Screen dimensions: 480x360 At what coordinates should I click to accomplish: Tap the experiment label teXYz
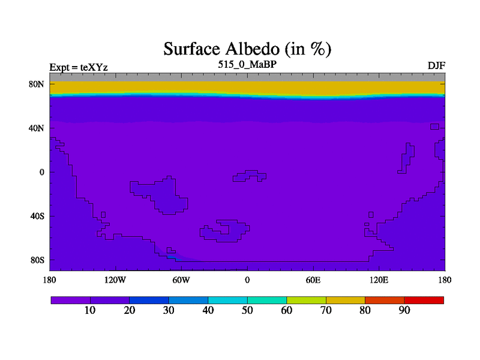click(94, 67)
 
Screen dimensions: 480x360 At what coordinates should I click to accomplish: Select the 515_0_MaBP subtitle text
click(247, 64)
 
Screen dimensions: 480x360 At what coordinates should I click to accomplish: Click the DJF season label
click(436, 66)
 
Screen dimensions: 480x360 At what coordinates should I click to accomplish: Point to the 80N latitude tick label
click(37, 84)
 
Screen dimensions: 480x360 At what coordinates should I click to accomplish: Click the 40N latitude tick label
click(37, 128)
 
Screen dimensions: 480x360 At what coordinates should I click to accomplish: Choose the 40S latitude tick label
click(37, 216)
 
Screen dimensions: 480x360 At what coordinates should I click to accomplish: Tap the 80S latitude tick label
click(37, 260)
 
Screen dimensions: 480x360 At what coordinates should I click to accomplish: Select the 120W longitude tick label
click(115, 280)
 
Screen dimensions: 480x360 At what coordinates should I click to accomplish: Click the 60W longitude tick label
click(181, 280)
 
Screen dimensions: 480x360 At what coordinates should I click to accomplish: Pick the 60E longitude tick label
click(313, 280)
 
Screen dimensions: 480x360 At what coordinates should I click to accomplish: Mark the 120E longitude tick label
click(379, 280)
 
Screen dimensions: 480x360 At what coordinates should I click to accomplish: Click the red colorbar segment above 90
click(424, 301)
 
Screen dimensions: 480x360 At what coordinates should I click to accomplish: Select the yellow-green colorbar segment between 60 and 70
click(306, 301)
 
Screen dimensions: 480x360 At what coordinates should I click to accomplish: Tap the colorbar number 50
click(247, 310)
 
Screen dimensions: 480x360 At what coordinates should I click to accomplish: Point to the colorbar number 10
click(90, 310)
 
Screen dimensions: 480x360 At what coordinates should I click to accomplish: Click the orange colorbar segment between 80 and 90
click(385, 301)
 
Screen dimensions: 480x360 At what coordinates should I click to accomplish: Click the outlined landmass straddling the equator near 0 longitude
click(250, 176)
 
